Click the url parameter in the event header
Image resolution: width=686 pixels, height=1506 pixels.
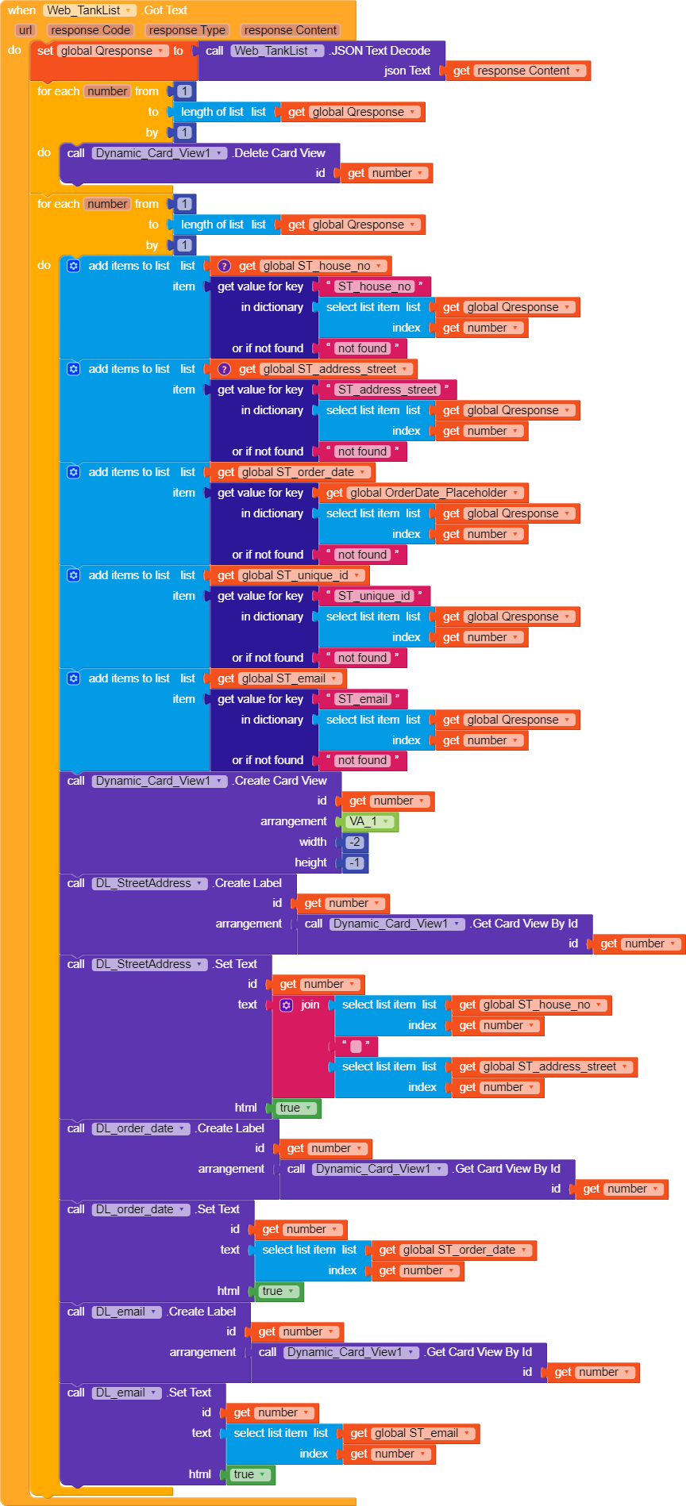click(x=25, y=30)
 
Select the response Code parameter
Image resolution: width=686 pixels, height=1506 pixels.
click(x=91, y=30)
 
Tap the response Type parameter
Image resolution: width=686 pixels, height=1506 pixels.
click(x=187, y=30)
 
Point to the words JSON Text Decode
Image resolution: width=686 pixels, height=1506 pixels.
click(x=380, y=51)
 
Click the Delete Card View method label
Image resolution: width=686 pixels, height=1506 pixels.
click(x=279, y=153)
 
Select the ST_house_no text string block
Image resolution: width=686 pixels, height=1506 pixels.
click(x=375, y=286)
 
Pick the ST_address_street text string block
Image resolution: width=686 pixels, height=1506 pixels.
click(x=387, y=390)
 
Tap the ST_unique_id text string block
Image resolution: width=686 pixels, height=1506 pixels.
click(x=375, y=596)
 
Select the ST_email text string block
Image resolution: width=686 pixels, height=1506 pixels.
click(x=363, y=699)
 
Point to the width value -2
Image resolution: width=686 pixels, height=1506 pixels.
click(x=355, y=842)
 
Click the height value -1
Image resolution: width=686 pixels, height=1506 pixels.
click(x=355, y=862)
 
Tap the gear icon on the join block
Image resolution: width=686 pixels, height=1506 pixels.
click(x=287, y=1005)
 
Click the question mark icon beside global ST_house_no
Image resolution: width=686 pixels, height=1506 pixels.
click(x=225, y=266)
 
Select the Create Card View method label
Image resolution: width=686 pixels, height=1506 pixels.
click(x=281, y=781)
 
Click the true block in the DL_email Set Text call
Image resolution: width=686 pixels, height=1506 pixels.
click(x=250, y=1474)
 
